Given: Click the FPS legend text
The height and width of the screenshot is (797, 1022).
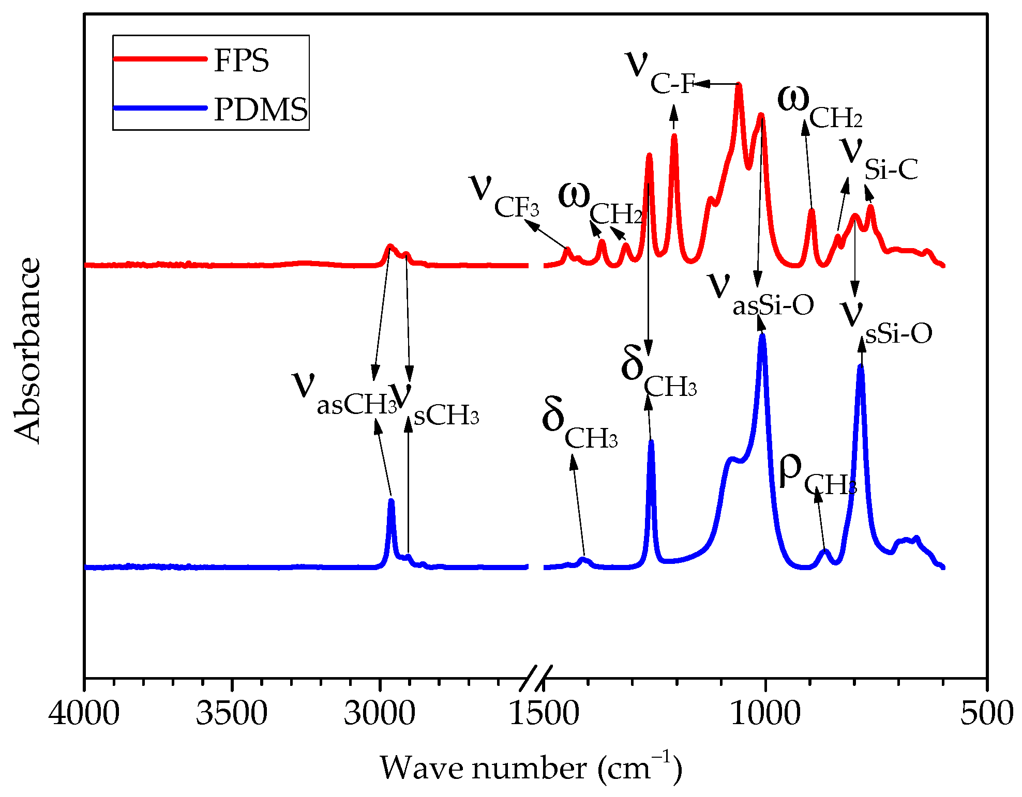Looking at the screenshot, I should pyautogui.click(x=241, y=60).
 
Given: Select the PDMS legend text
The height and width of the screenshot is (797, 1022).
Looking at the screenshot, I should pyautogui.click(x=261, y=109).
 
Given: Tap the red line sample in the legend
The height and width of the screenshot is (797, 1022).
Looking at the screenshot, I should pyautogui.click(x=160, y=58).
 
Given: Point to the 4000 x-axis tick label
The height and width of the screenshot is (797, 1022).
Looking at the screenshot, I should pyautogui.click(x=84, y=713).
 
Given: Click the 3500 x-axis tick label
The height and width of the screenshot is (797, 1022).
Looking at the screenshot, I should pyautogui.click(x=232, y=713).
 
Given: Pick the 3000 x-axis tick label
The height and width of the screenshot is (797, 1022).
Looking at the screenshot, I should pyautogui.click(x=380, y=713).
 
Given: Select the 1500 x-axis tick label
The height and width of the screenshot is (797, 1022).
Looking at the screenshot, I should pyautogui.click(x=544, y=713).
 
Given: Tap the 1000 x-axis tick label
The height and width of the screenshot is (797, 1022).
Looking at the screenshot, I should pyautogui.click(x=765, y=713).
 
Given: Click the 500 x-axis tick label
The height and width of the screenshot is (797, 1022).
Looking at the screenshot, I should pyautogui.click(x=986, y=713).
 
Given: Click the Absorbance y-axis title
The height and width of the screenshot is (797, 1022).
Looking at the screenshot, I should pyautogui.click(x=27, y=350).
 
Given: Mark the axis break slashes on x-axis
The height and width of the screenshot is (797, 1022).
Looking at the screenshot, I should pyautogui.click(x=536, y=678).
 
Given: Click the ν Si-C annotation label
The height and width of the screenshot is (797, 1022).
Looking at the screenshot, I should pyautogui.click(x=879, y=160).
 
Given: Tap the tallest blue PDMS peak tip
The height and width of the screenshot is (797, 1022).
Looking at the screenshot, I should pyautogui.click(x=762, y=336).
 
